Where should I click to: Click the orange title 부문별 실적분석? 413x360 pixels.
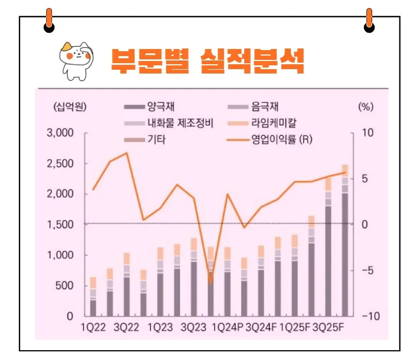(x=206, y=60)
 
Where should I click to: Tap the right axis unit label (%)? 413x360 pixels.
(x=365, y=107)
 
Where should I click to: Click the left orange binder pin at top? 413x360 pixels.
(x=49, y=20)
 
